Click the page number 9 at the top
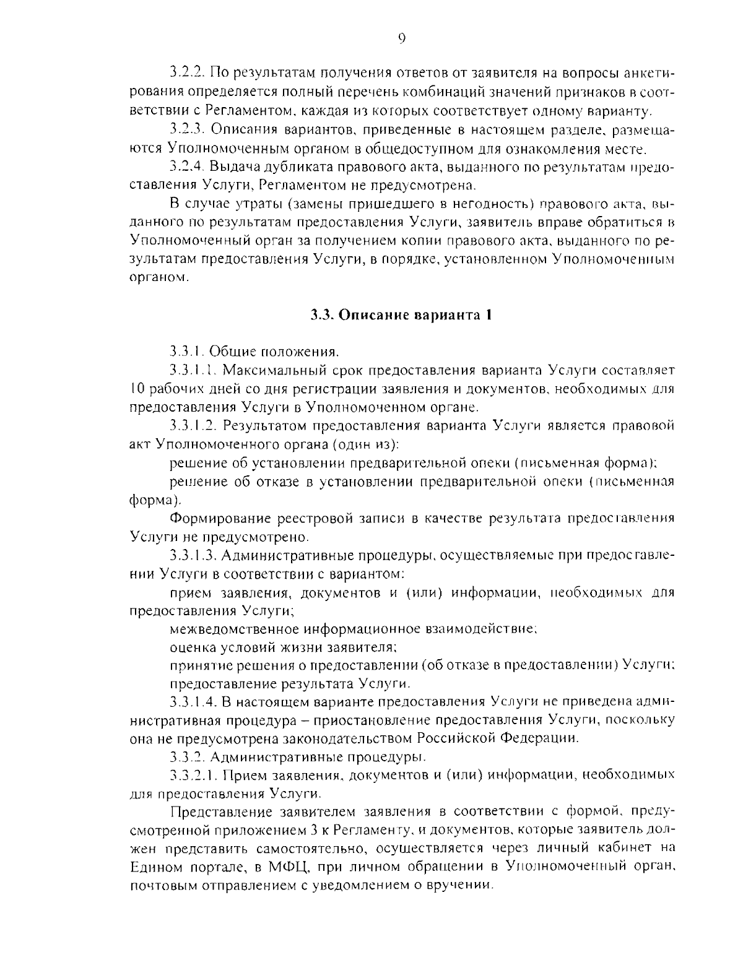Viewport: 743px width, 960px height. (401, 38)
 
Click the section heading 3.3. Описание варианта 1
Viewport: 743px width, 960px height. (401, 314)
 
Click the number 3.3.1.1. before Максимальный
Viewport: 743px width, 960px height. (193, 370)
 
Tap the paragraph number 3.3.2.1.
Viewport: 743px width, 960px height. (193, 775)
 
